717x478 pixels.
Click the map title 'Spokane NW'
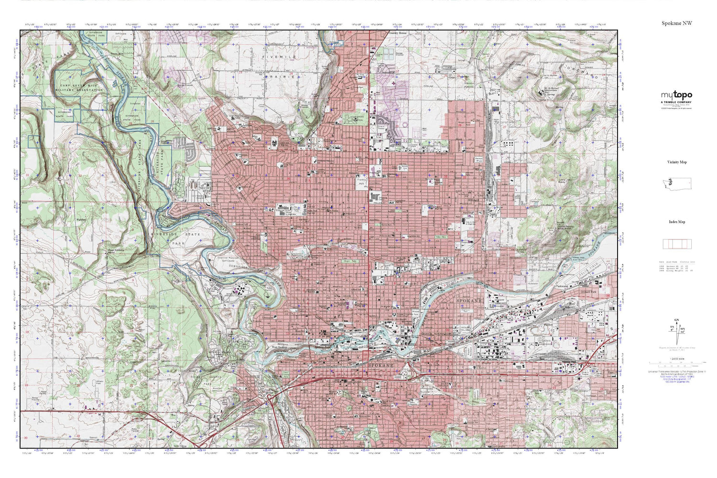coord(676,23)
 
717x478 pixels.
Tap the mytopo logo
coord(676,95)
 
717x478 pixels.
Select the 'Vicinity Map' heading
coord(676,162)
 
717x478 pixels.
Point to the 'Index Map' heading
coord(676,222)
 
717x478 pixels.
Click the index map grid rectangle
coord(676,244)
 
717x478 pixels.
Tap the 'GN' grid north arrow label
coord(676,320)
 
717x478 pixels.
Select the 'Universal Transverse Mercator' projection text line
coord(676,370)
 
